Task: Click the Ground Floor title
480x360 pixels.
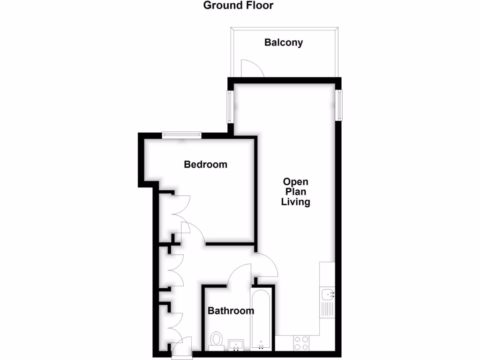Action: click(238, 6)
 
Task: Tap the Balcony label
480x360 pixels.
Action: click(284, 43)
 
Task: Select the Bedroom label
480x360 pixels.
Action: click(205, 165)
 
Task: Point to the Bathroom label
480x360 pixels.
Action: click(231, 311)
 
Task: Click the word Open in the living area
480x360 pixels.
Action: click(296, 182)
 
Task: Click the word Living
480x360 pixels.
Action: click(296, 202)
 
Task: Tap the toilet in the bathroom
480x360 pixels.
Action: click(217, 340)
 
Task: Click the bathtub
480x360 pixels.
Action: click(260, 319)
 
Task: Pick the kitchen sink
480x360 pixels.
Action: click(328, 294)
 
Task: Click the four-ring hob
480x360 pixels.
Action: click(300, 343)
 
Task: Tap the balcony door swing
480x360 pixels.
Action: click(252, 68)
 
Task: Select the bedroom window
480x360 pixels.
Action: click(182, 135)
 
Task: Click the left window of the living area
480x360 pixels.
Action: click(230, 106)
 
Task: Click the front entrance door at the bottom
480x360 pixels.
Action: click(181, 348)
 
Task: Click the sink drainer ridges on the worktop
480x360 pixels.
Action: click(327, 309)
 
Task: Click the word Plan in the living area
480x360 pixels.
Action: click(296, 192)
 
